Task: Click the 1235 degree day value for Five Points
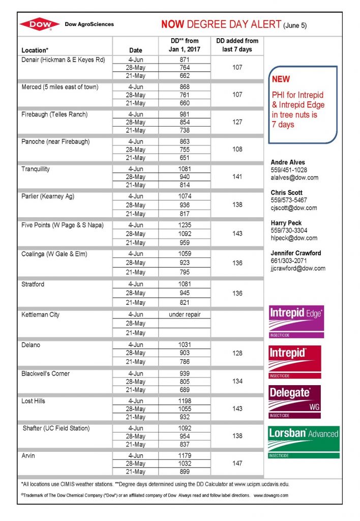185,225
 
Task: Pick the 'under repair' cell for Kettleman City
185,314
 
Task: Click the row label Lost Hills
33,401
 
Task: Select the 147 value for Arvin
237,464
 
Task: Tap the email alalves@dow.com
294,178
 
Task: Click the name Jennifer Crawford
296,253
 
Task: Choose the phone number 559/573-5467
289,200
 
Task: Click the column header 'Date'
136,50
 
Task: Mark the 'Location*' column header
35,50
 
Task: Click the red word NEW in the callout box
281,79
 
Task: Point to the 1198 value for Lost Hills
185,401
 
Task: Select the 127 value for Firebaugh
237,122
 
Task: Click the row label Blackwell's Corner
46,373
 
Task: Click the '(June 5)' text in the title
295,25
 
